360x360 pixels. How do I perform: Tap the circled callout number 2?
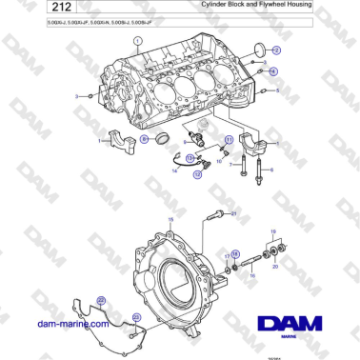click(x=276, y=50)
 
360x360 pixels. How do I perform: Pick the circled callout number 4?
click(x=272, y=71)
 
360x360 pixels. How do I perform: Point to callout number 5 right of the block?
click(x=277, y=90)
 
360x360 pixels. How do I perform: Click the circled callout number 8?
click(x=145, y=139)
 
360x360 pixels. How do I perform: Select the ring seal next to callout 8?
click(x=163, y=141)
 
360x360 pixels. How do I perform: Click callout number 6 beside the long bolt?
click(x=271, y=170)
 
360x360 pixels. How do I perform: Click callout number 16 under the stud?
click(x=253, y=275)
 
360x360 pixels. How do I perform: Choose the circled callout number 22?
click(x=135, y=317)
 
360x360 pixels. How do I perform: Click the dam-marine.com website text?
click(x=70, y=324)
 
